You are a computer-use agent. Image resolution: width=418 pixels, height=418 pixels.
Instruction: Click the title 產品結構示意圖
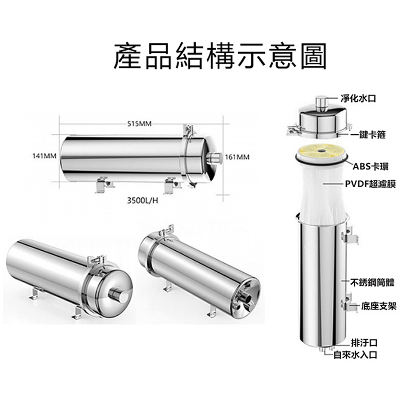coord(220,56)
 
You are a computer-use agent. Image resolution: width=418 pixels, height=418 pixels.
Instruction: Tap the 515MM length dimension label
coord(139,124)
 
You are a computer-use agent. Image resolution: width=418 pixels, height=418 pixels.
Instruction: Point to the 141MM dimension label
coord(44,156)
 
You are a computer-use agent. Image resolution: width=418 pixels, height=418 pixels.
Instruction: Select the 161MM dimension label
coord(237,157)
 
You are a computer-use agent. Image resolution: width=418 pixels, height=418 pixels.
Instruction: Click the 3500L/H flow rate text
coord(142,200)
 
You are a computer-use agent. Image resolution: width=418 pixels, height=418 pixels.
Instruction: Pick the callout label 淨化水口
coord(358,98)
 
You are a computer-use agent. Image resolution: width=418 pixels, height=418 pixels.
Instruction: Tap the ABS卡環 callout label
coord(370,166)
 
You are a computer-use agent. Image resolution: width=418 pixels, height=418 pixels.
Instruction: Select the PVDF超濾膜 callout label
coord(370,184)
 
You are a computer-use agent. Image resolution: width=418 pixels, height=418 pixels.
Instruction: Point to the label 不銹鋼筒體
coord(372,283)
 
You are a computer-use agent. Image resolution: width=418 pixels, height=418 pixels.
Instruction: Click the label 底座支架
coord(379,306)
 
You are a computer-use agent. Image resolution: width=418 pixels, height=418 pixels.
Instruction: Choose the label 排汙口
coord(364,343)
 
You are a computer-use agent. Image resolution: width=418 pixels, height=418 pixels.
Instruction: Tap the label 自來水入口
coord(356,355)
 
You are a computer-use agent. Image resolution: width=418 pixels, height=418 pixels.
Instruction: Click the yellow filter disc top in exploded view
coord(321,151)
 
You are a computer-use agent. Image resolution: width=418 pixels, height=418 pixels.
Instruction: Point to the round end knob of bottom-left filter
coord(117,295)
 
